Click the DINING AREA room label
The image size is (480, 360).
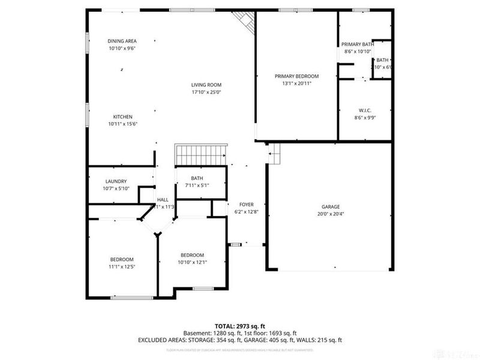pos(122,41)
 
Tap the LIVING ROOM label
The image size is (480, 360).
pos(206,85)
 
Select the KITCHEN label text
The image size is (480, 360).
pos(122,116)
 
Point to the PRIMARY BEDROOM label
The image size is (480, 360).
pos(296,76)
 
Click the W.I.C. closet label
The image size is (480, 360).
pos(365,110)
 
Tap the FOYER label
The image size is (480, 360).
pos(247,205)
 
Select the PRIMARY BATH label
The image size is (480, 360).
pos(358,44)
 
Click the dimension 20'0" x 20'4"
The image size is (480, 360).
pos(330,214)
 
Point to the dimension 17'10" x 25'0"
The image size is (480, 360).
pos(206,92)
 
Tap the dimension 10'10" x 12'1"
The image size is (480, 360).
pos(192,262)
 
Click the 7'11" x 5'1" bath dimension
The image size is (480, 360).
pos(197,185)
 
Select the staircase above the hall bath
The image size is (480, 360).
pos(200,155)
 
